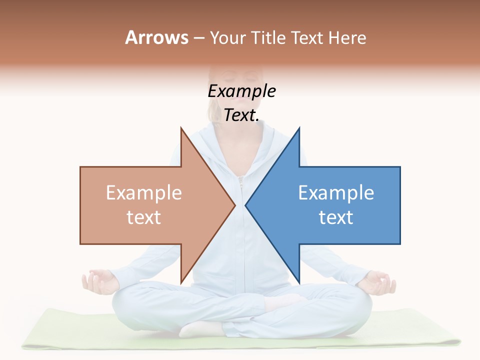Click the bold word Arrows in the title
point(156,37)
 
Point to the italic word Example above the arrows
point(242,91)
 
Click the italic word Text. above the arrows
point(242,115)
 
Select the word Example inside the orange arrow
point(144,193)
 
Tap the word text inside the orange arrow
point(144,217)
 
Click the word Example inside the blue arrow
point(336,193)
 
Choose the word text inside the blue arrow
point(336,217)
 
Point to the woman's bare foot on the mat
point(200,328)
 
